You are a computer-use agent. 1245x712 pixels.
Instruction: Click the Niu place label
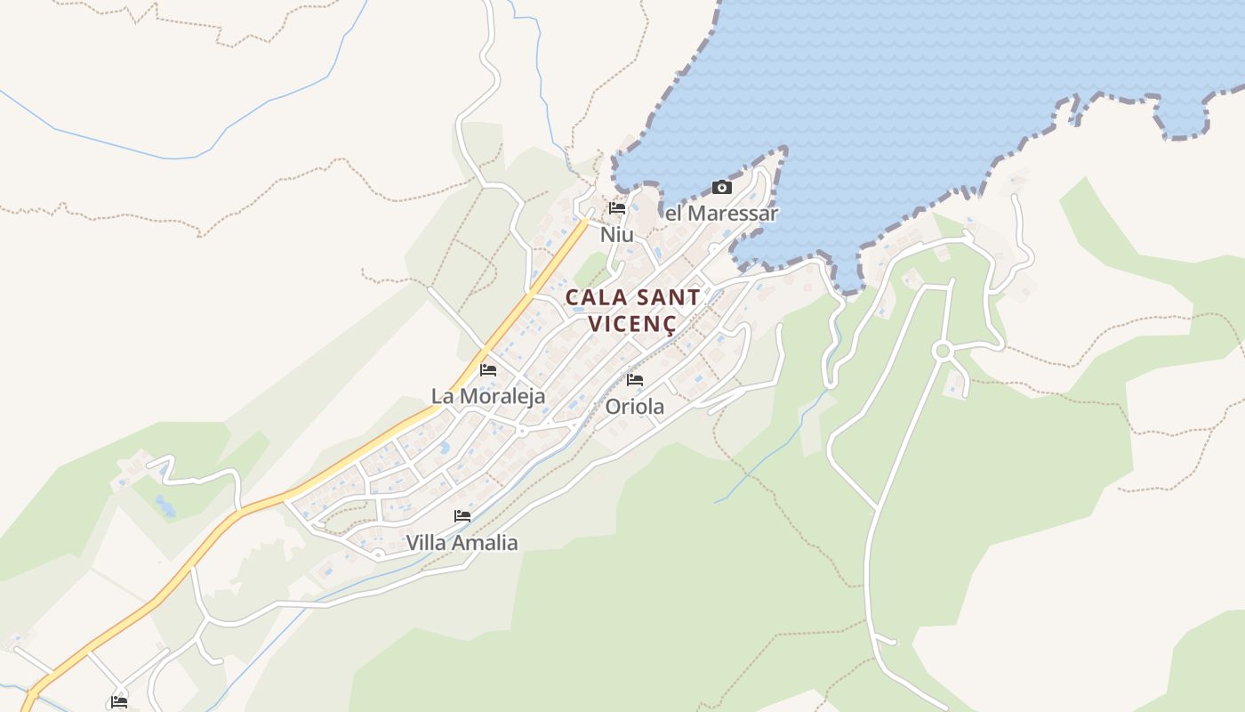[x=616, y=235]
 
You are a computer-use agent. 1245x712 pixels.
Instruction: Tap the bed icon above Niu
[x=617, y=208]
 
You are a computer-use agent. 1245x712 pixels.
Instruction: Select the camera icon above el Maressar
[x=722, y=187]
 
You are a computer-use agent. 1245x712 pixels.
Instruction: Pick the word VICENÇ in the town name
[x=632, y=324]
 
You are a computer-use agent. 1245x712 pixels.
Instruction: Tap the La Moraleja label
[x=488, y=396]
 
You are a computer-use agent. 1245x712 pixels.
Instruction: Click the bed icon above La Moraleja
[x=488, y=369]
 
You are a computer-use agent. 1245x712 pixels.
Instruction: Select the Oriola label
[x=634, y=407]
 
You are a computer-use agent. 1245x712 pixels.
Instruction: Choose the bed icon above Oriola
[x=635, y=379]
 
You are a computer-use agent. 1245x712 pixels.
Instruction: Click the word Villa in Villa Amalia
[x=427, y=542]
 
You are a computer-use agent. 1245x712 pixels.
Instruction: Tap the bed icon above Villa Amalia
[x=462, y=515]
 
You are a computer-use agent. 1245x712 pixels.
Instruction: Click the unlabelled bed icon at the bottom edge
[x=119, y=701]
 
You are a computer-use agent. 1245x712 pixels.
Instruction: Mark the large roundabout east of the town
[x=943, y=352]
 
